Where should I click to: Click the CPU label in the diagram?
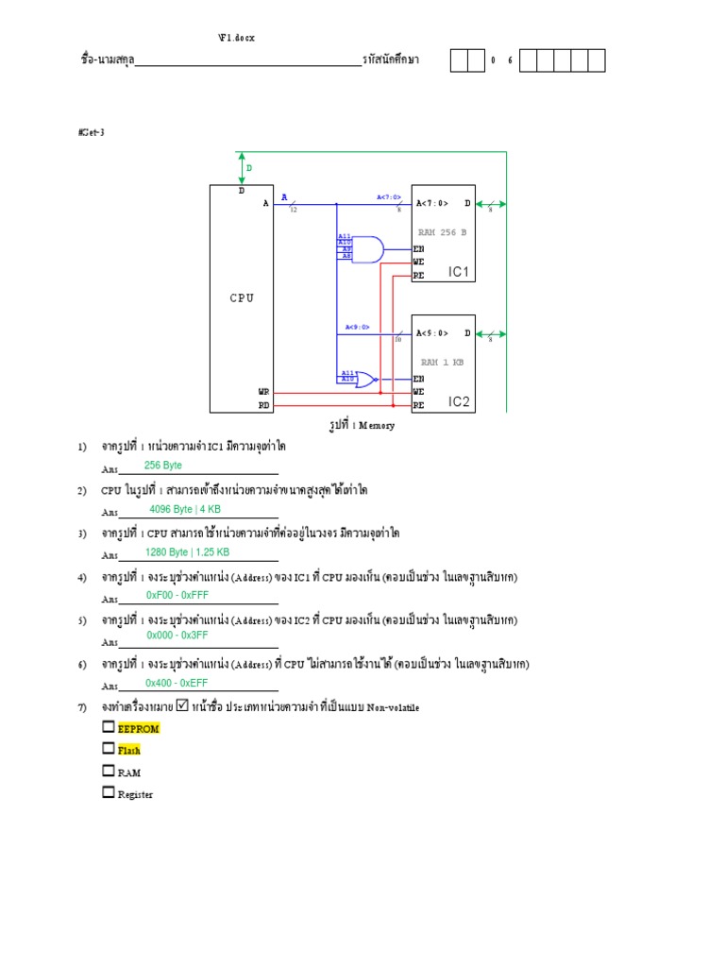pos(243,298)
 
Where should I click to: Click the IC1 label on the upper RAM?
pos(459,272)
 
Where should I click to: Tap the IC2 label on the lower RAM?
pos(459,402)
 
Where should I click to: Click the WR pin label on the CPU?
pos(264,390)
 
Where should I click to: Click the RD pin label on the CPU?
pos(264,404)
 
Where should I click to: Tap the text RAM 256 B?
pos(443,230)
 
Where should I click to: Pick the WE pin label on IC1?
pos(418,262)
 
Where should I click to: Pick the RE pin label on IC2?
pos(418,405)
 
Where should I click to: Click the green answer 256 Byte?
pos(163,466)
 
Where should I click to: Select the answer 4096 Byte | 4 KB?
pos(185,509)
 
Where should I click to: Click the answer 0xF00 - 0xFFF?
pos(177,596)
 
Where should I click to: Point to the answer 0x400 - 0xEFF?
pos(177,683)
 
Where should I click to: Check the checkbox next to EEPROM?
pos(109,727)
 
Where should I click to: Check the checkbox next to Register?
pos(109,792)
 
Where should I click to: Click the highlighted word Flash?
pos(129,751)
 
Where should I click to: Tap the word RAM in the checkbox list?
pos(129,772)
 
